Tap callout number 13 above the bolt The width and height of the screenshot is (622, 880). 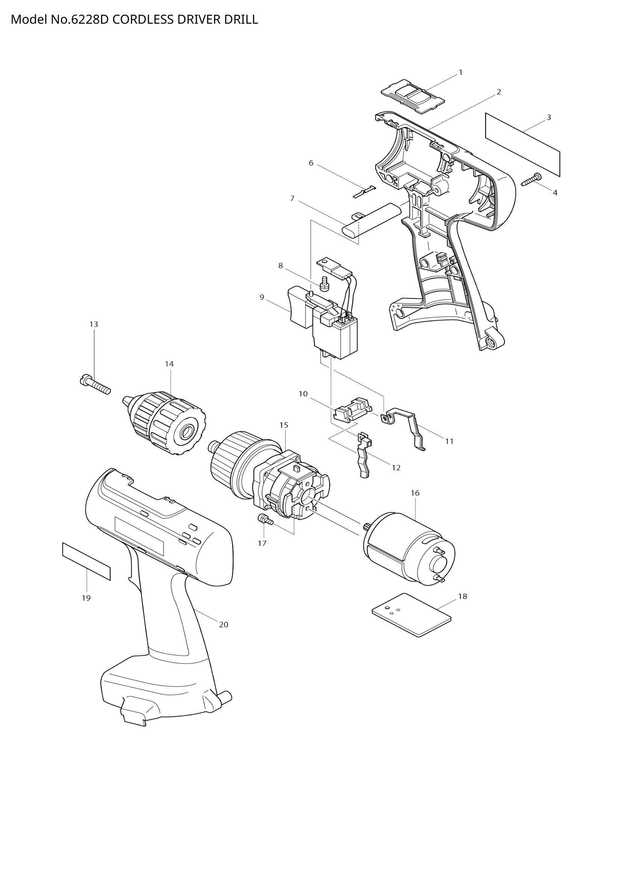94,324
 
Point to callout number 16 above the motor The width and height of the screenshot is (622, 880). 415,493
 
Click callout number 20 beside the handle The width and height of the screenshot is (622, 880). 224,625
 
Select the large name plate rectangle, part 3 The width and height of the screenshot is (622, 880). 522,144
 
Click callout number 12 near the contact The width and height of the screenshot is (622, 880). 396,468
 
